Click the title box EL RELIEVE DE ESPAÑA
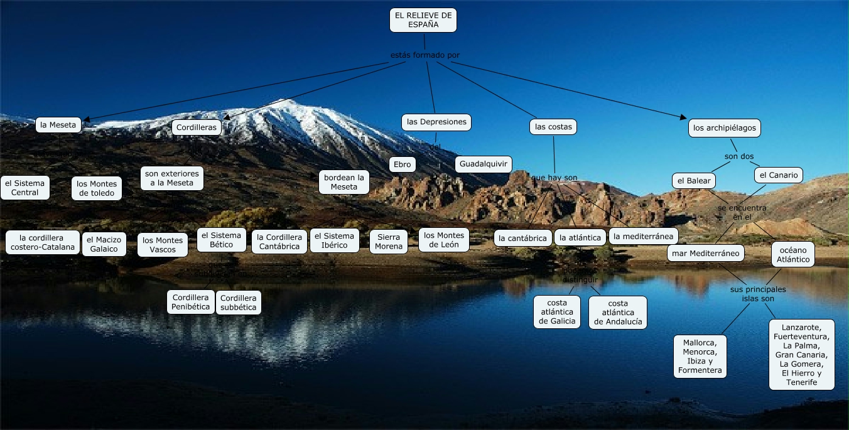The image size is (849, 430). click(x=423, y=20)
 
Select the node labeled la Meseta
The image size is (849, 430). click(x=58, y=125)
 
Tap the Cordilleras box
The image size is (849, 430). click(x=197, y=127)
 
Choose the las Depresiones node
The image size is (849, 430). click(x=436, y=122)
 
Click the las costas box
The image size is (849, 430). click(x=553, y=127)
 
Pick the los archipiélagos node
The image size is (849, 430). click(x=725, y=128)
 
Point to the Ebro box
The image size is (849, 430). click(x=401, y=164)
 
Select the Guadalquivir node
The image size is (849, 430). click(x=483, y=164)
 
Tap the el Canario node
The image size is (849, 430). click(x=779, y=175)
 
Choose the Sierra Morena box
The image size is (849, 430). click(x=389, y=242)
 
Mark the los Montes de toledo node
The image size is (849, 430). click(x=97, y=188)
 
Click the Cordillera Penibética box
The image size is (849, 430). click(x=191, y=302)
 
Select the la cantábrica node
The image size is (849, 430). click(x=523, y=238)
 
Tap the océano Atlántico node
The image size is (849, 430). click(x=793, y=254)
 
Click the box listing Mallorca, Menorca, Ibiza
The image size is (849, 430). click(x=700, y=357)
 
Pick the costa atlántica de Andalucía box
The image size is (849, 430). click(x=618, y=313)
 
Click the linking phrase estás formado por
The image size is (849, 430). click(x=425, y=55)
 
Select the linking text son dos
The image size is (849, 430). click(x=738, y=156)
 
